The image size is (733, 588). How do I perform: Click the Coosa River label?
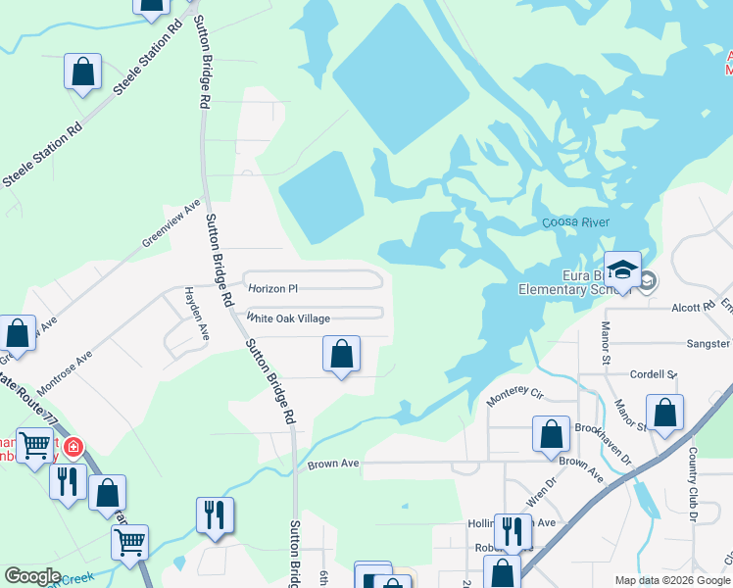pyautogui.click(x=576, y=223)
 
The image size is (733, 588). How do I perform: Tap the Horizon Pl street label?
pyautogui.click(x=272, y=289)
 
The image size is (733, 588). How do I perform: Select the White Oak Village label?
pyautogui.click(x=288, y=318)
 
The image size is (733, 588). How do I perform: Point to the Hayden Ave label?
pyautogui.click(x=193, y=315)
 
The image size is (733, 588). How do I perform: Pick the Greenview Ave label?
pyautogui.click(x=171, y=223)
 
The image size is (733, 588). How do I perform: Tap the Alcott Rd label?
pyautogui.click(x=694, y=307)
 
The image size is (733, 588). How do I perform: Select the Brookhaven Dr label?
pyautogui.click(x=608, y=429)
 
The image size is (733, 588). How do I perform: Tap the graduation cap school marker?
pyautogui.click(x=621, y=269)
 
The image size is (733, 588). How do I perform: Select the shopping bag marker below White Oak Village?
pyautogui.click(x=341, y=354)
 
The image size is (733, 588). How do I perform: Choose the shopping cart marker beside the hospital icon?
pyautogui.click(x=35, y=446)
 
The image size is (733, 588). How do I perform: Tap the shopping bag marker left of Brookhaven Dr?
pyautogui.click(x=551, y=433)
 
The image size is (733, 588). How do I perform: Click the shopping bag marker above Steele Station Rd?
pyautogui.click(x=83, y=72)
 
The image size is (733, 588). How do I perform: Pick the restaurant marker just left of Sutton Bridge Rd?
pyautogui.click(x=215, y=514)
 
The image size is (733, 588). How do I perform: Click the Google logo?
pyautogui.click(x=32, y=576)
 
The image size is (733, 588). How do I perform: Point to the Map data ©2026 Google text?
pyautogui.click(x=671, y=580)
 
